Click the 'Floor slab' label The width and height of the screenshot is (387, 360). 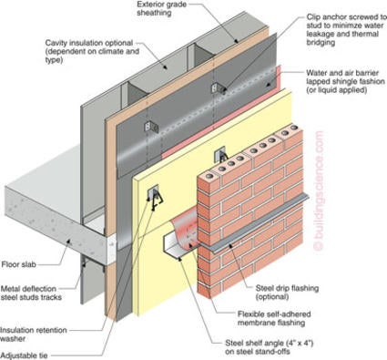coord(19,264)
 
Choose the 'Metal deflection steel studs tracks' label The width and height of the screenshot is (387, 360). coord(31,293)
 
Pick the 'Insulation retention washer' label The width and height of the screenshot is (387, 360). coord(33,334)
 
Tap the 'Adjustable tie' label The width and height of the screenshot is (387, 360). coord(24,355)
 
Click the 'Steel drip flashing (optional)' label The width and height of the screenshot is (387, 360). coord(287,292)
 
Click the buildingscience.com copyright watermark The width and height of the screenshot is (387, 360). coord(319,190)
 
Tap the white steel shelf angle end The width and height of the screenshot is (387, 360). coord(171,245)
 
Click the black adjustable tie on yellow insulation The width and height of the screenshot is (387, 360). coord(157,200)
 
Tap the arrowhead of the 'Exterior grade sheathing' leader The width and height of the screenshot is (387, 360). coord(237,40)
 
